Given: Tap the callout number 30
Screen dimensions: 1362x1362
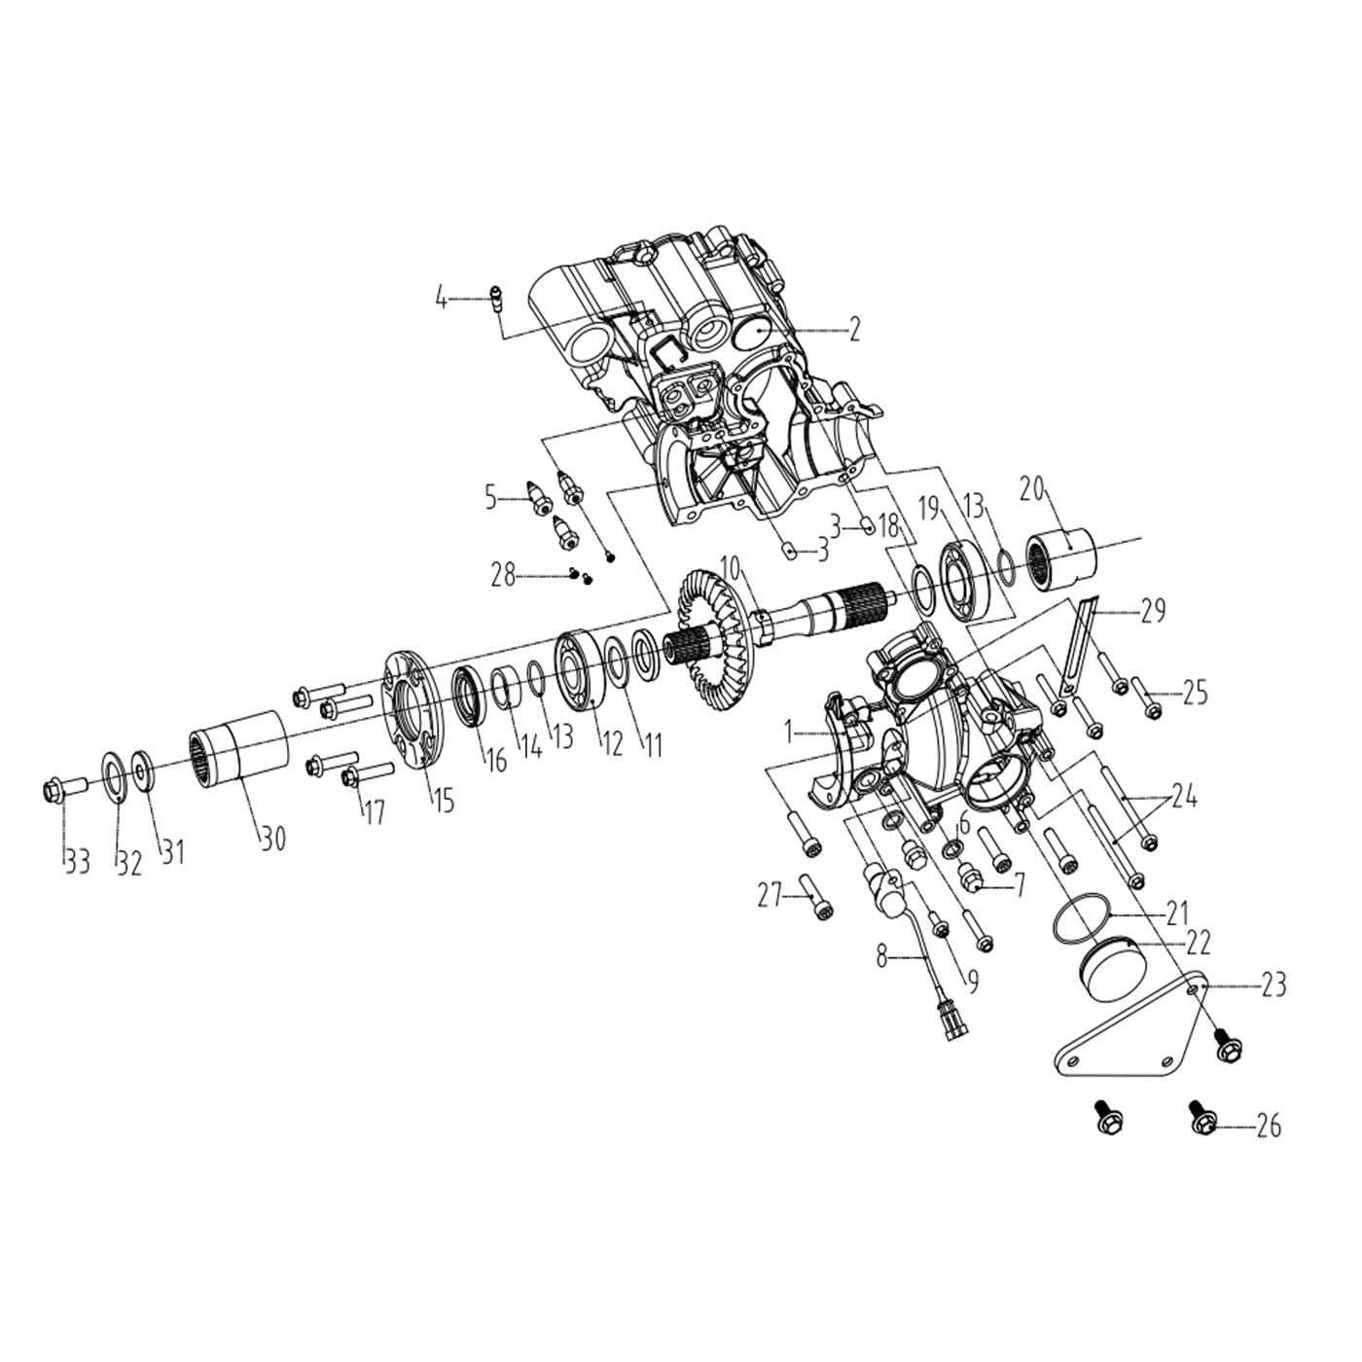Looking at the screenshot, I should pos(273,838).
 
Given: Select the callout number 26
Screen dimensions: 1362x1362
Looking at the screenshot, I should pos(1268,1126).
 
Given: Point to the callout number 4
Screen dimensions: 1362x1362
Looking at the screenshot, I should pos(442,298).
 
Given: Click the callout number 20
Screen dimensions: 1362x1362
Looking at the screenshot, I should pos(1032,489).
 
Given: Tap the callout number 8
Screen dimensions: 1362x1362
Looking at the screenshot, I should pos(881,956).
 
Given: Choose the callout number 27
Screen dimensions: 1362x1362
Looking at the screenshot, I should pos(771,894).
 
